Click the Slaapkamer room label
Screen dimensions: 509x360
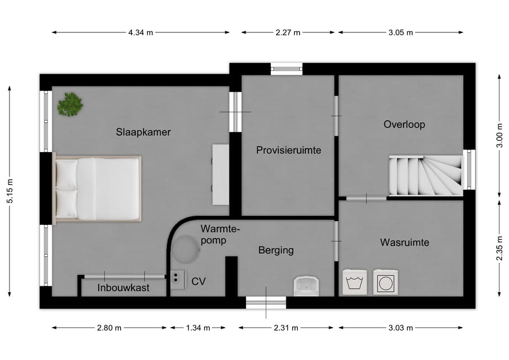coord(143,132)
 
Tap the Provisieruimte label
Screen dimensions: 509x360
coord(288,150)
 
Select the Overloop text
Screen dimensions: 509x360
coord(404,124)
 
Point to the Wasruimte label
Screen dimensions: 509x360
coord(405,242)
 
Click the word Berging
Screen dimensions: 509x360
coord(276,250)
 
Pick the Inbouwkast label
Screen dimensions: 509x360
coord(124,287)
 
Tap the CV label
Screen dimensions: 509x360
coord(198,281)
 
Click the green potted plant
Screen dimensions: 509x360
coord(70,104)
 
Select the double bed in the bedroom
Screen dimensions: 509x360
coord(97,188)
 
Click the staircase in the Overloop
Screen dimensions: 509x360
coord(426,175)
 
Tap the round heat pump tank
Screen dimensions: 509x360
coord(186,249)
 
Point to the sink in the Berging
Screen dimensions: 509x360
coord(306,286)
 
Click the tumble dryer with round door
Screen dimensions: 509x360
coord(385,282)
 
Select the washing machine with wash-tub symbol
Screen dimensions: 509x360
coord(355,282)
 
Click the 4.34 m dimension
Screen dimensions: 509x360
coord(141,32)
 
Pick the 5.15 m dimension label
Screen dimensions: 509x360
coord(10,191)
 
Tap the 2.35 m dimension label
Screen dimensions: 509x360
coord(499,248)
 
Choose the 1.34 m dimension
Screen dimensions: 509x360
coord(198,328)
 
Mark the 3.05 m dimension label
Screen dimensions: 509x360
coord(401,32)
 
